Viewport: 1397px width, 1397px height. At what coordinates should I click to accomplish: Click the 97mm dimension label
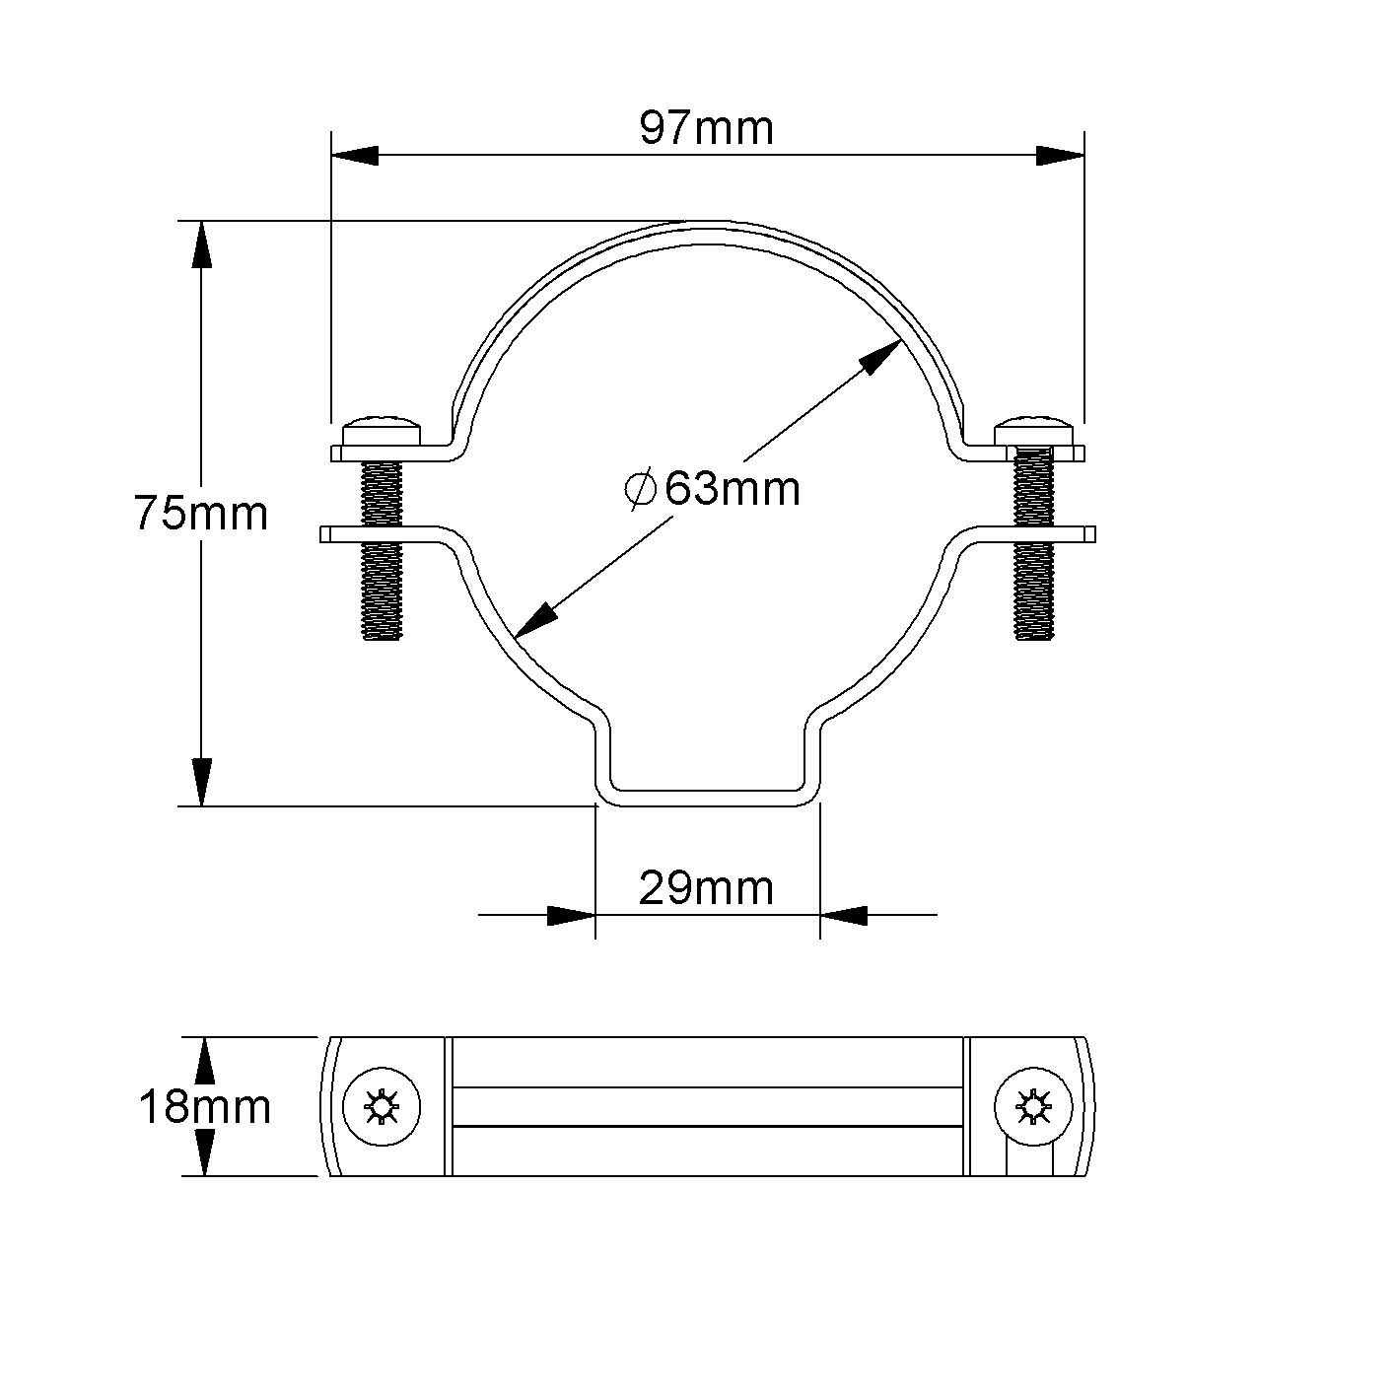(x=706, y=128)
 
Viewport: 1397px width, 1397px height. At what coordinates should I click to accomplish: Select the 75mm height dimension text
(x=201, y=514)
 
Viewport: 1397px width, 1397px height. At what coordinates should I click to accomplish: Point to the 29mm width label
(x=706, y=888)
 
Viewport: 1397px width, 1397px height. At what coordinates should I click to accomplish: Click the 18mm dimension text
(x=204, y=1107)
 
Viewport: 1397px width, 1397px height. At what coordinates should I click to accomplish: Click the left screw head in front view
(x=382, y=432)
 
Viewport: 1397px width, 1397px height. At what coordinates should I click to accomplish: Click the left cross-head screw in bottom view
(x=382, y=1106)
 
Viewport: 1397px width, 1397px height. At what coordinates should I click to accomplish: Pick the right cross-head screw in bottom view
(x=1032, y=1106)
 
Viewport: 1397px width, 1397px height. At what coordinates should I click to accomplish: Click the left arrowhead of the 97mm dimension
(x=355, y=155)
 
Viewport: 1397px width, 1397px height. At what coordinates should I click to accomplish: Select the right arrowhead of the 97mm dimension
(x=1060, y=155)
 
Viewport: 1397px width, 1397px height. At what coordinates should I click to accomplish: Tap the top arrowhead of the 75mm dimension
(x=202, y=244)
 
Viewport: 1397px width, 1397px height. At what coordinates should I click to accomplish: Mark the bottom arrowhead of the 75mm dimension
(x=202, y=782)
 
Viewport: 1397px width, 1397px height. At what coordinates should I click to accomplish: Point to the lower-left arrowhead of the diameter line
(x=535, y=619)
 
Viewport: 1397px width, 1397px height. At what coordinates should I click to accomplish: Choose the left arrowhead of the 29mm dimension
(x=572, y=915)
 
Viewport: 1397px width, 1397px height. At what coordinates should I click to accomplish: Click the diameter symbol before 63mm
(x=641, y=489)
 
